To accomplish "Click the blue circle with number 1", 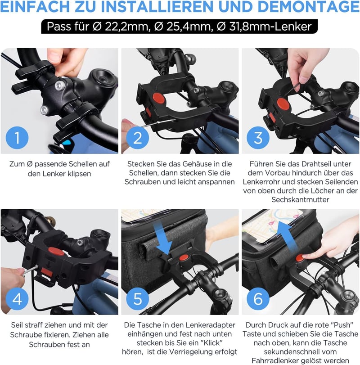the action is coord(17,138).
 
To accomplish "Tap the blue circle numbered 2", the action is coord(138,138).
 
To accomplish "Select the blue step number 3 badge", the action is coord(258,138).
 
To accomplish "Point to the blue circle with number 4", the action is coord(17,299).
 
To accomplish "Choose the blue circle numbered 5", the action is coord(138,299).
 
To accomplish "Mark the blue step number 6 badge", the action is coord(258,299).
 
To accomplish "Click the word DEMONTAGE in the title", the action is coord(309,7).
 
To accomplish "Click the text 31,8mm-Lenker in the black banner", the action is coord(270,27).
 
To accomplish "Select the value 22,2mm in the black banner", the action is coord(126,27).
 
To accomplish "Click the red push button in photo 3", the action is coord(283,104).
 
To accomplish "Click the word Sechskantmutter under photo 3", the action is coord(300,199).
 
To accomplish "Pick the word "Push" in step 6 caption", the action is coord(342,325).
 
